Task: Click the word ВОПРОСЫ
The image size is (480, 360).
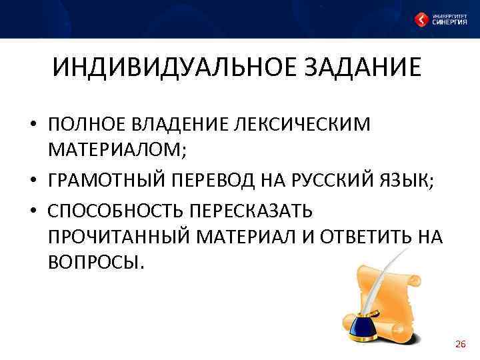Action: click(95, 262)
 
